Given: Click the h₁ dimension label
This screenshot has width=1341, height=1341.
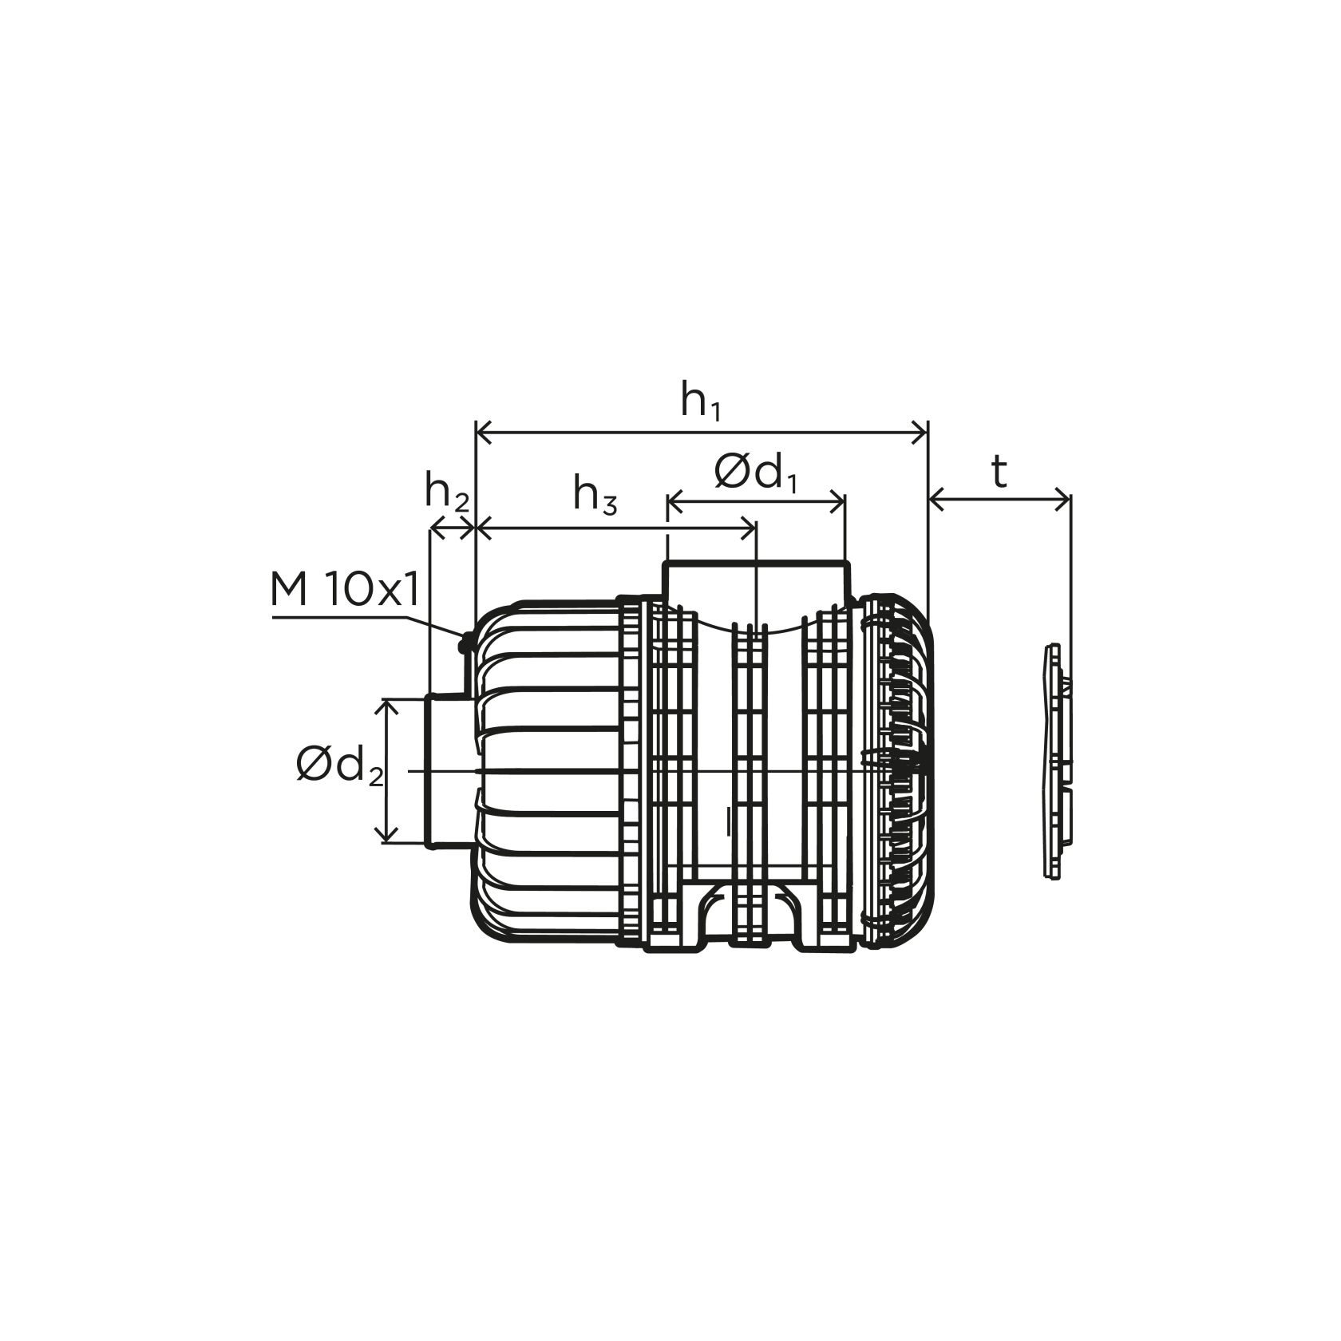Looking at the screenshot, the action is pos(701,402).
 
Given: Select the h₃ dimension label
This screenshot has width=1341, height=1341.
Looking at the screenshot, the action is pos(595,496).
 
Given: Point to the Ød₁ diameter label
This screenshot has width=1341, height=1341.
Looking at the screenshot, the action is pos(755,475).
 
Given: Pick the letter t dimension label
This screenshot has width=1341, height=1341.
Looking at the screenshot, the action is pos(999,473).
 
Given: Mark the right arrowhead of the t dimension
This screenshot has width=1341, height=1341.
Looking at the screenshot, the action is pos(1062,501).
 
